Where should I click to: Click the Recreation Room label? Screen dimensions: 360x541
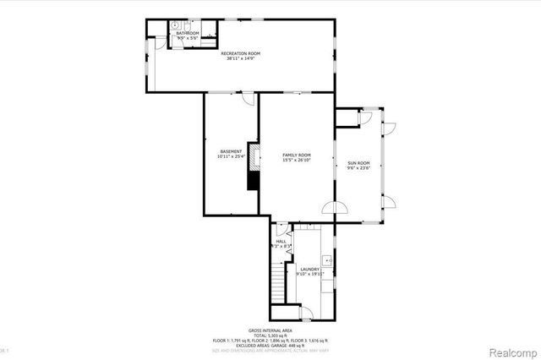241,53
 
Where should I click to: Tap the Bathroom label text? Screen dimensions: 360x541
187,33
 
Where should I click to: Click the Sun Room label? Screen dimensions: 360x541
358,162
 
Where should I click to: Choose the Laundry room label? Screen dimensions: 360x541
309,269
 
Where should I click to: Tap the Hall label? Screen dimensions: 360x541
281,241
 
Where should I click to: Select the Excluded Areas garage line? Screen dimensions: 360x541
270,344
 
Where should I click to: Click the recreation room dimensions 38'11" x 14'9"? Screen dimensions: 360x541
241,59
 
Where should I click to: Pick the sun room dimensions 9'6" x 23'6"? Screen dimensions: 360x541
358,167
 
